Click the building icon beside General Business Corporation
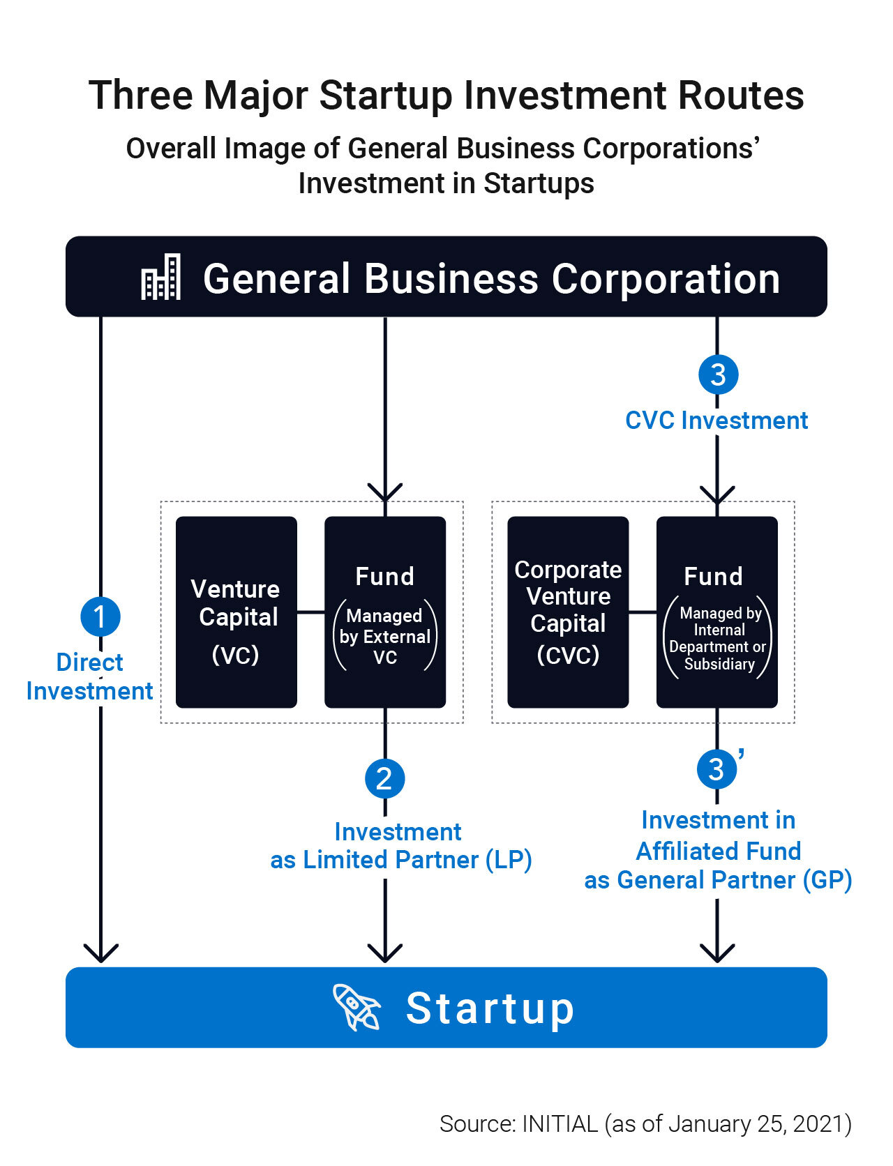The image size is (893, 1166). pyautogui.click(x=160, y=277)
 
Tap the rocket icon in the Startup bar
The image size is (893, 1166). pyautogui.click(x=356, y=1007)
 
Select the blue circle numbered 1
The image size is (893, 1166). pyautogui.click(x=100, y=616)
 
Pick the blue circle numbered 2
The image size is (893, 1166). pyautogui.click(x=384, y=778)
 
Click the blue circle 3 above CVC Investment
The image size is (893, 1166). pyautogui.click(x=718, y=374)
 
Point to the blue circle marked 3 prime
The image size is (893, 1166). pyautogui.click(x=716, y=769)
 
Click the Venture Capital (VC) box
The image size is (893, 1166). pyautogui.click(x=236, y=612)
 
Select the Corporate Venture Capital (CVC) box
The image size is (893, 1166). pyautogui.click(x=568, y=612)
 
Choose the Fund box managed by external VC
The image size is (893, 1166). pyautogui.click(x=385, y=612)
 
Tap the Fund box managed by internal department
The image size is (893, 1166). pyautogui.click(x=717, y=612)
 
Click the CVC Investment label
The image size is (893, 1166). pyautogui.click(x=716, y=421)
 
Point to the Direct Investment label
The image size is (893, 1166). pyautogui.click(x=89, y=676)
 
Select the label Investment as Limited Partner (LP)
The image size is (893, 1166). pyautogui.click(x=400, y=846)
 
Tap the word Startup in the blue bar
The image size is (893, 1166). pyautogui.click(x=490, y=1008)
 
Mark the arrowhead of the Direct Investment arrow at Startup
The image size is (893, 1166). pyautogui.click(x=101, y=954)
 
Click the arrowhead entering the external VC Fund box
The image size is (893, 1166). pyautogui.click(x=385, y=492)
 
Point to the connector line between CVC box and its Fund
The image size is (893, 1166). pyautogui.click(x=643, y=612)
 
